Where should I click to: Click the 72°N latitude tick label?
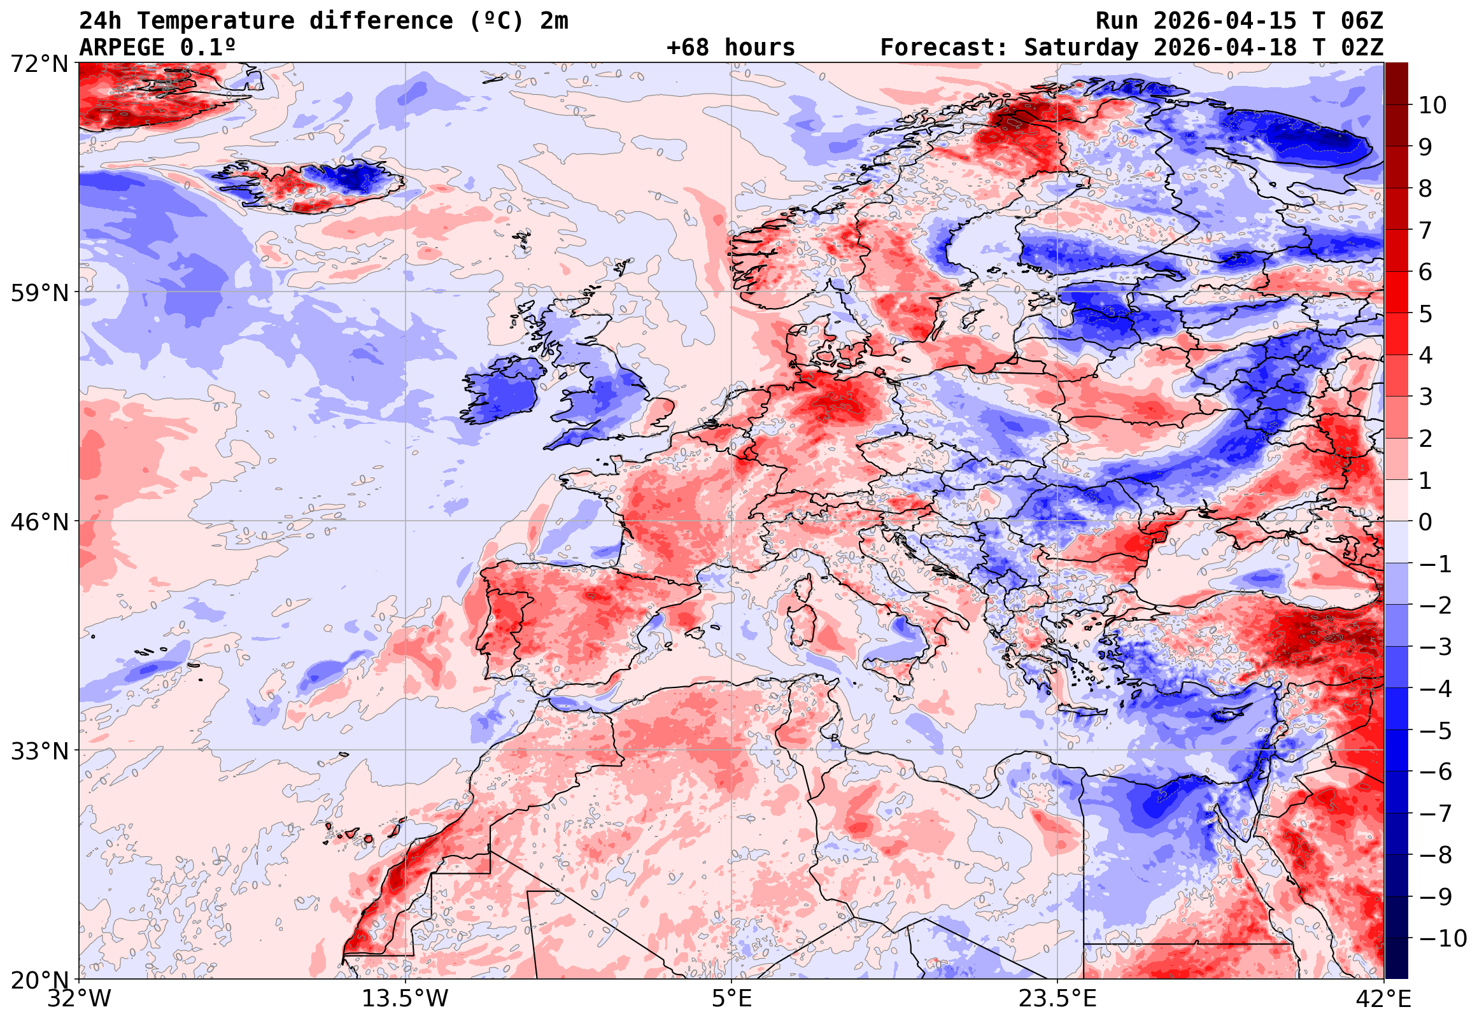[x=39, y=63]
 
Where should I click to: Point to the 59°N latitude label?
[x=39, y=293]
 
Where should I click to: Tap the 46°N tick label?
[x=39, y=522]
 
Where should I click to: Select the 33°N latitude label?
[x=39, y=751]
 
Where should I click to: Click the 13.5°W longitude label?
[x=406, y=999]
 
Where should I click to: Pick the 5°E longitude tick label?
[x=731, y=999]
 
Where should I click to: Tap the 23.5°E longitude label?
[x=1057, y=999]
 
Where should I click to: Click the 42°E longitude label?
[x=1383, y=999]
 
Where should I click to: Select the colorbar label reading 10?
[x=1432, y=105]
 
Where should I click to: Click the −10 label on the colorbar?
[x=1443, y=938]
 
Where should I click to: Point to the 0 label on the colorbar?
[x=1425, y=522]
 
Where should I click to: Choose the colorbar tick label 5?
[x=1425, y=314]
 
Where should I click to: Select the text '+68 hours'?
[x=730, y=47]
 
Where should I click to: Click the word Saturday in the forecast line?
[x=1081, y=47]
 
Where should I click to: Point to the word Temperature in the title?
[x=216, y=21]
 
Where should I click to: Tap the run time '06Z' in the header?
[x=1362, y=21]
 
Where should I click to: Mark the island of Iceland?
[x=313, y=185]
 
